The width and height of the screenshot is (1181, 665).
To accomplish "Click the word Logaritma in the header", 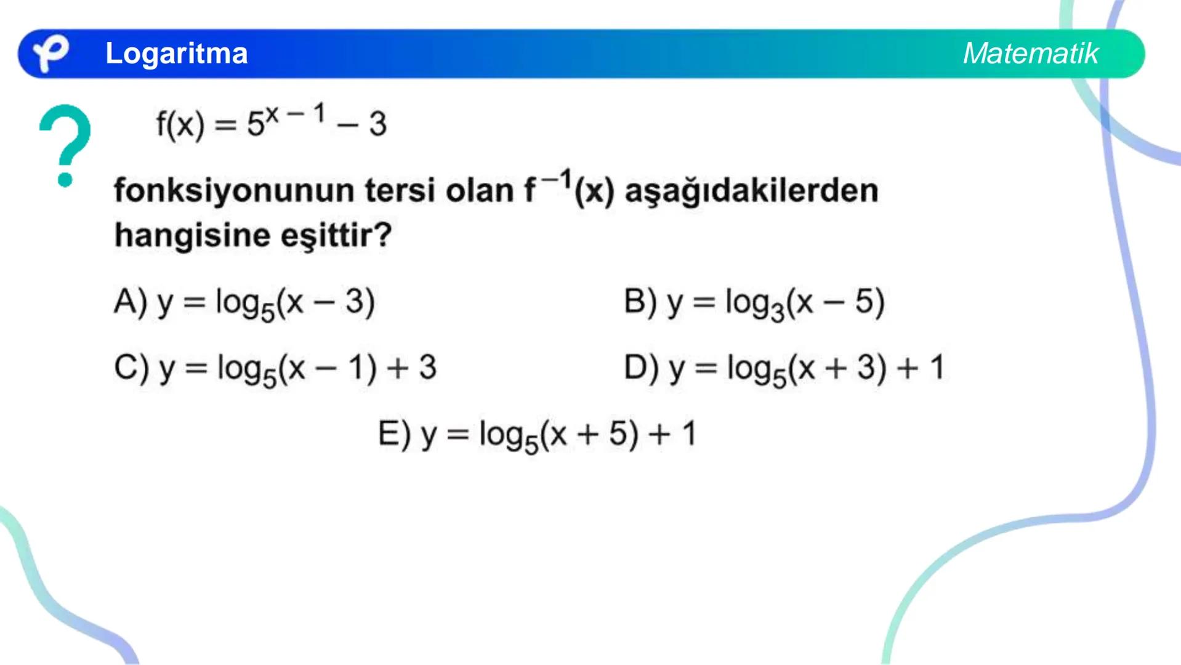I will click(176, 54).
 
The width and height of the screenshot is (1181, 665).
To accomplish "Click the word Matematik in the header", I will click(1030, 54).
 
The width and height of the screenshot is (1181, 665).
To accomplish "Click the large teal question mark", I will click(65, 144).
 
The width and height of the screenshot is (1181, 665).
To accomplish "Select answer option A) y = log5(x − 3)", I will click(244, 304).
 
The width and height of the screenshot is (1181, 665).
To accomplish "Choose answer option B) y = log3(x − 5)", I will click(754, 304).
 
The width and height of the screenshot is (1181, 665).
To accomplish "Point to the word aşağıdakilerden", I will click(751, 191).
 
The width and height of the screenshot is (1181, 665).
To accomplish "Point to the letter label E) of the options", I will click(394, 434).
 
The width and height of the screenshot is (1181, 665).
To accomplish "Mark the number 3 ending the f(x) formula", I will click(377, 124).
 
